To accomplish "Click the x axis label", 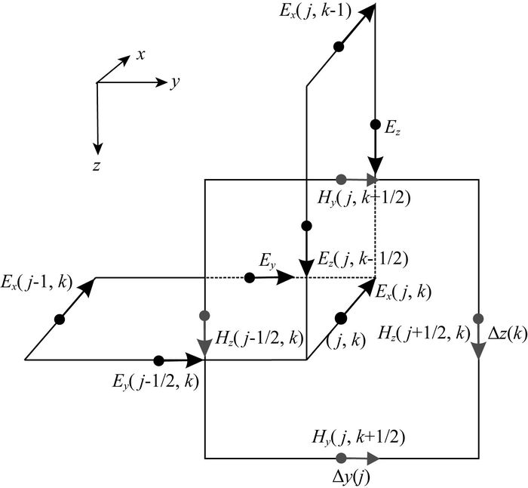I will [x=140, y=55].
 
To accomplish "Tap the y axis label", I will [x=174, y=83].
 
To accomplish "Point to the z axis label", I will [x=97, y=167].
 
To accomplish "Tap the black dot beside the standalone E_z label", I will [x=375, y=124].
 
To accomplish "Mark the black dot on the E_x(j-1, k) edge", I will [x=60, y=320].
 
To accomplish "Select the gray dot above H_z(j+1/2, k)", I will [x=479, y=317].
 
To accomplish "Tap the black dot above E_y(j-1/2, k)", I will [x=158, y=361].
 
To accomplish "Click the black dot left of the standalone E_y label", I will [x=250, y=278].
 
